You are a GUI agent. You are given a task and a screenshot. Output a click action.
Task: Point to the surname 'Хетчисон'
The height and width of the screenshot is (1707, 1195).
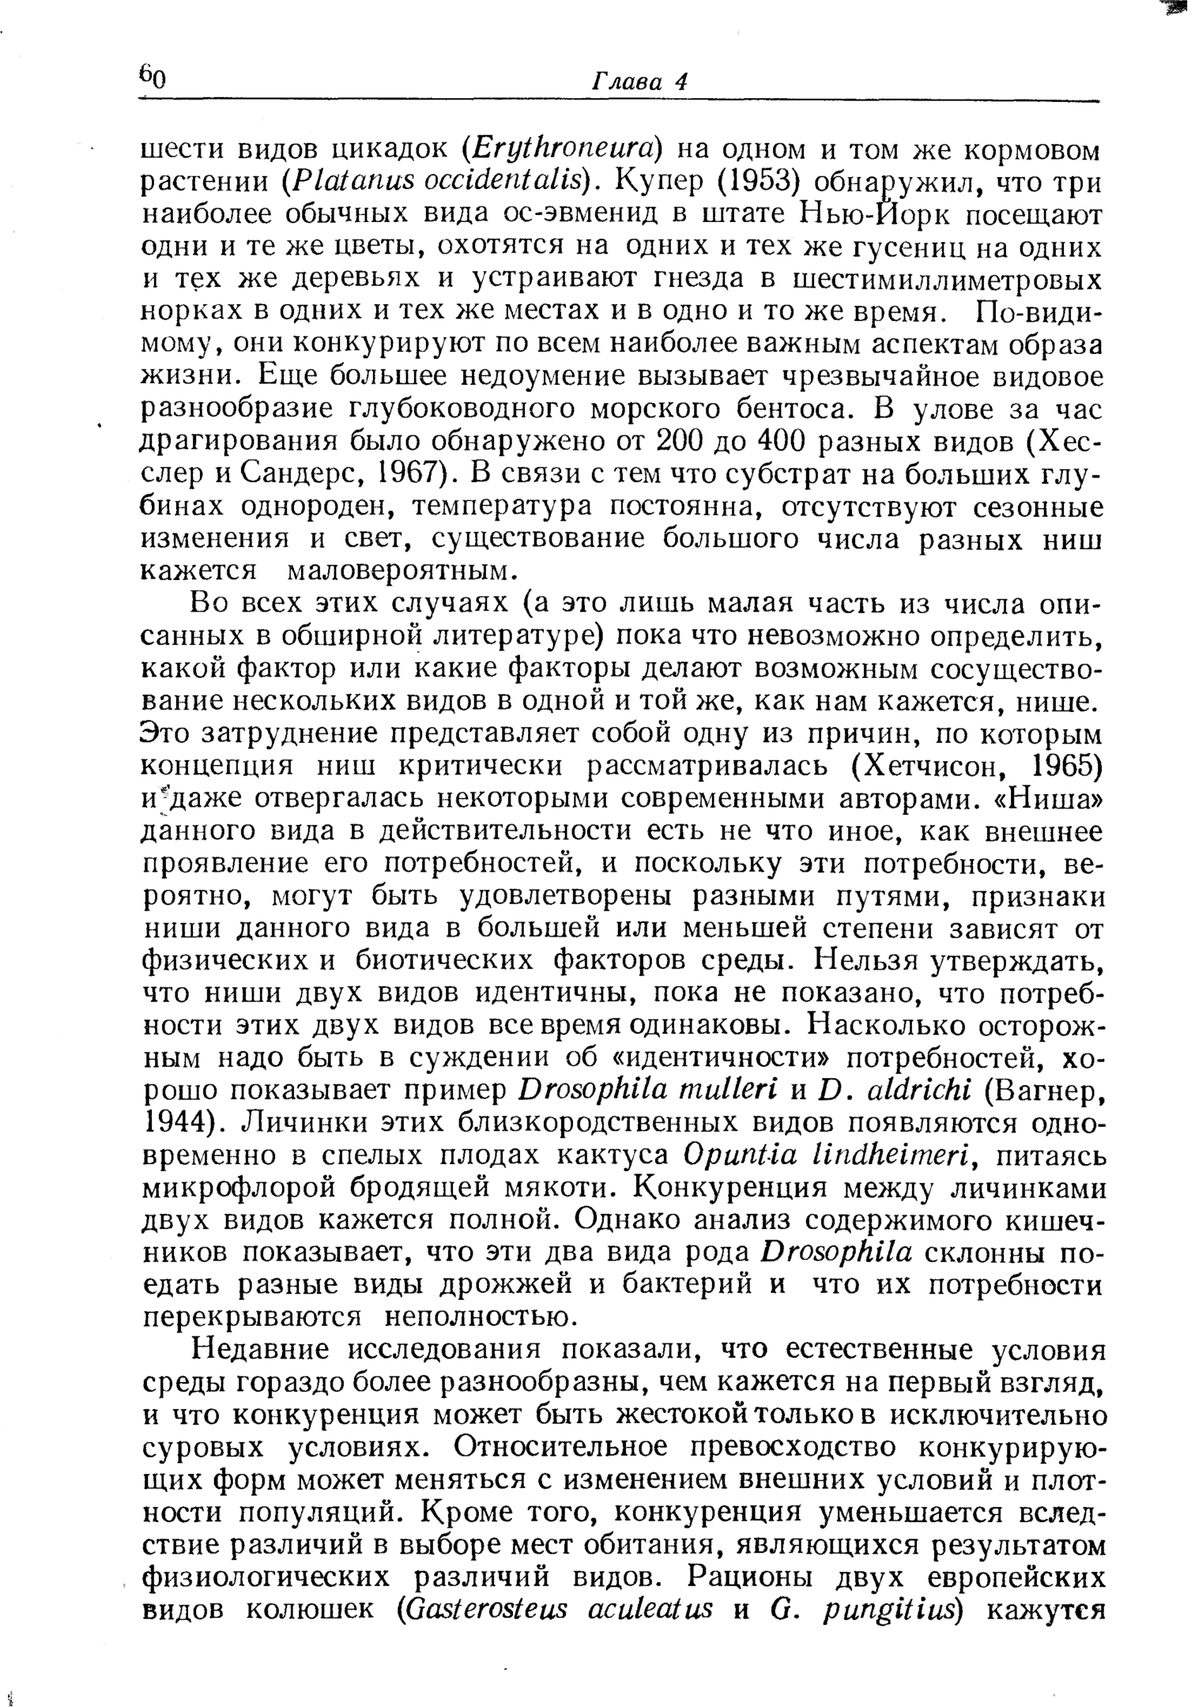(x=941, y=767)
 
